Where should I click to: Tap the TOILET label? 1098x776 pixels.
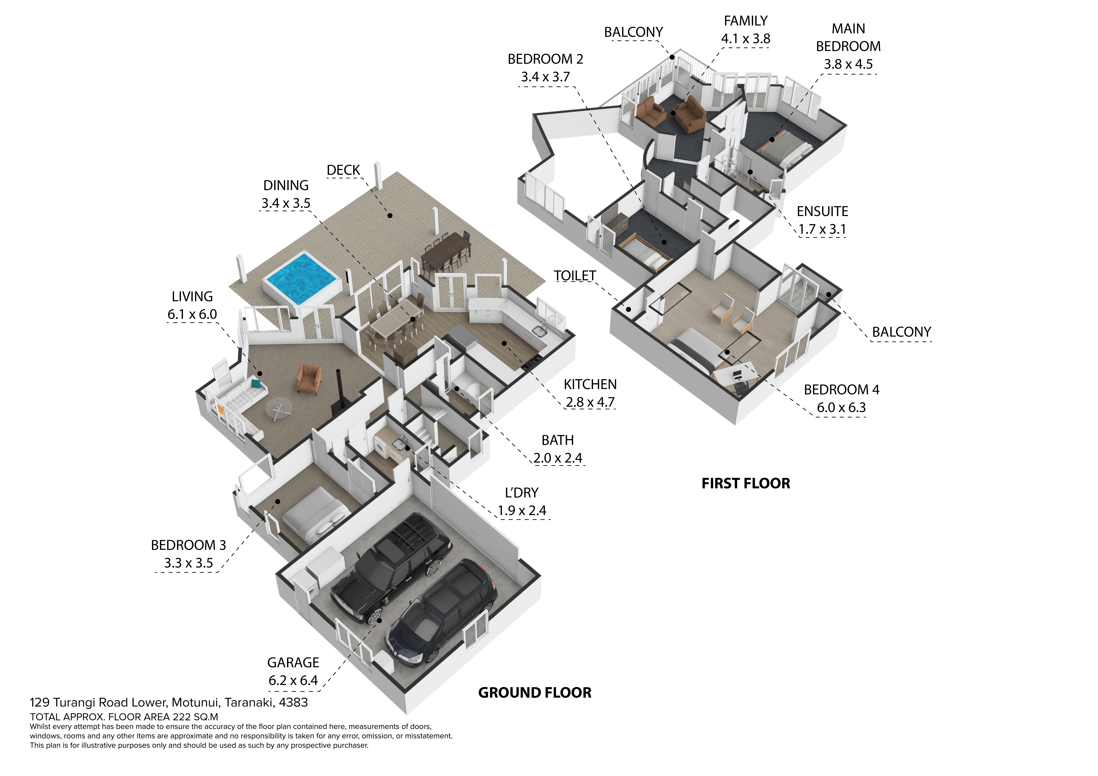click(574, 276)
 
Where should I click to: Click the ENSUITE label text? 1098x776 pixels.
click(822, 211)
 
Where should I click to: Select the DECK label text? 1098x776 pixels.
click(343, 170)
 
